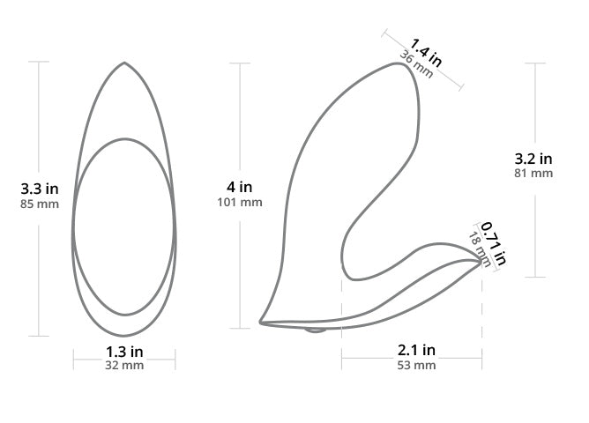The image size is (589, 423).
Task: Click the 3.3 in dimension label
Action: tap(40, 189)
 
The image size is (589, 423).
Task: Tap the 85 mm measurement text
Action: tap(40, 204)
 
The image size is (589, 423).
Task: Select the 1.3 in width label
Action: tap(124, 352)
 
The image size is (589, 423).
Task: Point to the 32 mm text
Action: tap(124, 365)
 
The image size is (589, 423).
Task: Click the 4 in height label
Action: tap(239, 187)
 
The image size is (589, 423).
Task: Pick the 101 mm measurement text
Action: tap(240, 203)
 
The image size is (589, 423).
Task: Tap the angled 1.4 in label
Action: tap(426, 52)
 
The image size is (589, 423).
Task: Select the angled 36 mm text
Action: tap(416, 64)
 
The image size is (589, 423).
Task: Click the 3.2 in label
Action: tap(533, 159)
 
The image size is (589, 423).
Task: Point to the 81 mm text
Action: tap(533, 174)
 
